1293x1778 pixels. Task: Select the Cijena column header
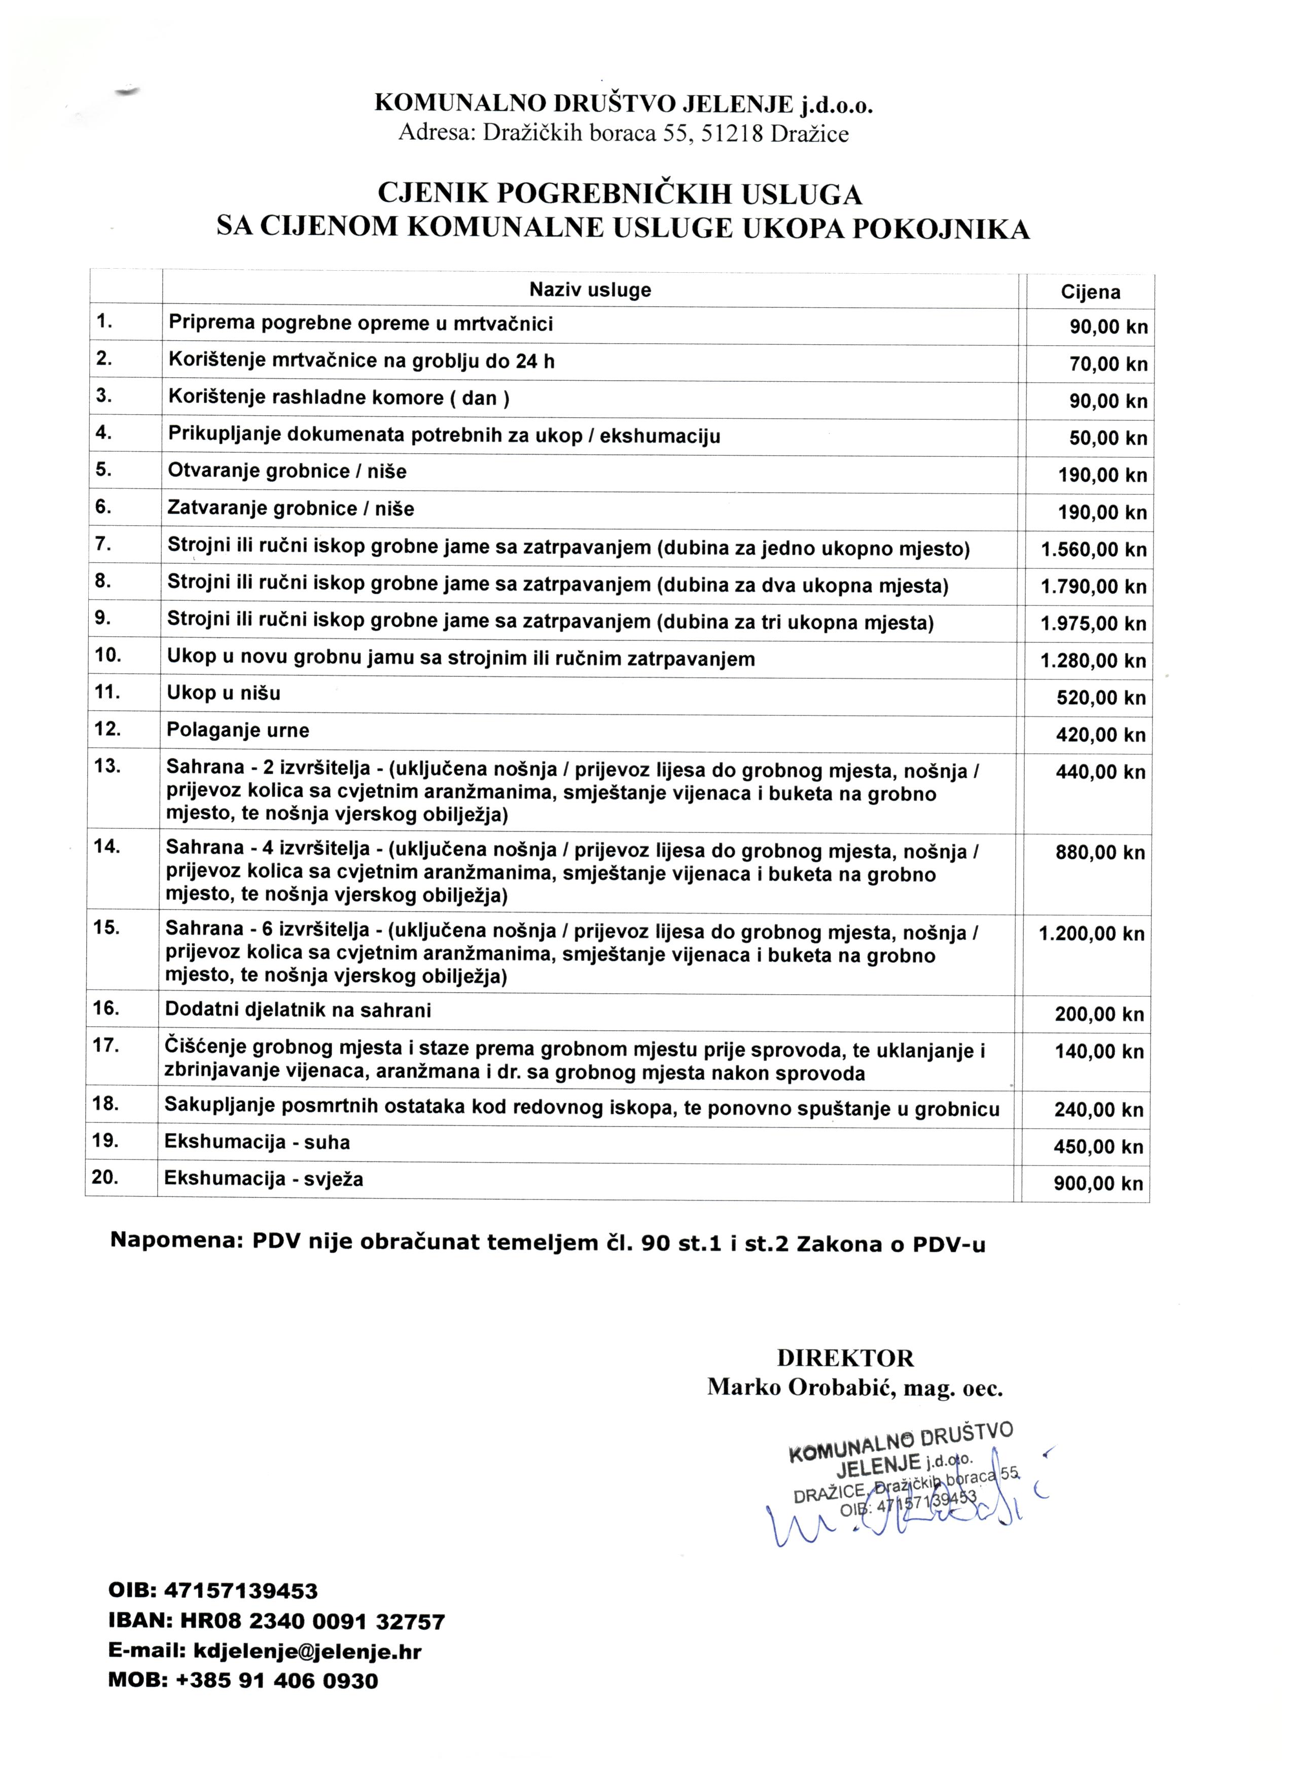click(x=1090, y=293)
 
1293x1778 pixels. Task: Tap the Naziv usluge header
click(x=590, y=290)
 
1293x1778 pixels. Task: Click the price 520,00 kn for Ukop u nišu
click(x=1101, y=698)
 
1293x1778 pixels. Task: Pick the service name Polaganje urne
click(x=238, y=731)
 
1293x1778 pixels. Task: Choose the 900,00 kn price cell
click(x=1098, y=1184)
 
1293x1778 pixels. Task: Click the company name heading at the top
click(x=623, y=103)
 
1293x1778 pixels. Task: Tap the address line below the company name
click(x=623, y=133)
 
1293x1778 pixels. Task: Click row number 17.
click(x=105, y=1045)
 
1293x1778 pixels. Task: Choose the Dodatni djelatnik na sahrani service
click(x=298, y=1010)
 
